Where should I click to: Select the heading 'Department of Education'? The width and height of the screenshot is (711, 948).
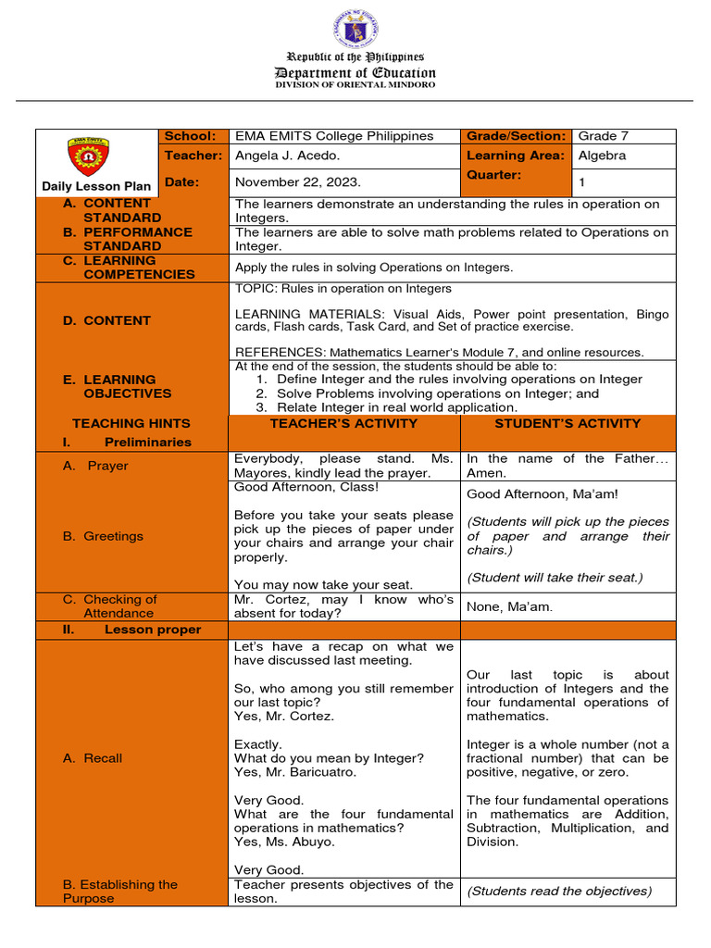(x=355, y=72)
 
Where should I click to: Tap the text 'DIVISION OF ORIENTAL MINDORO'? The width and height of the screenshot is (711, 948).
(x=355, y=85)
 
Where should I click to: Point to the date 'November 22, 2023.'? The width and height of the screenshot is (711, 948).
(x=297, y=182)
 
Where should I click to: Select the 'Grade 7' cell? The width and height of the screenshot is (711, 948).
(x=603, y=136)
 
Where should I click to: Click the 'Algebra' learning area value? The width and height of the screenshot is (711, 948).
(x=602, y=156)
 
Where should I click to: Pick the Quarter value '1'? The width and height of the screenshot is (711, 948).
(x=582, y=182)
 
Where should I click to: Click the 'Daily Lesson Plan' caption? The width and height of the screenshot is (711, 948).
(x=96, y=186)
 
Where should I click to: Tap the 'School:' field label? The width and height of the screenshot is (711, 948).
(x=190, y=136)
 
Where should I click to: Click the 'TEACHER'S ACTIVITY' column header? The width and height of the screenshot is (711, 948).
(x=343, y=423)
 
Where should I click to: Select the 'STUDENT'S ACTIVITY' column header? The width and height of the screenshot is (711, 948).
(x=568, y=423)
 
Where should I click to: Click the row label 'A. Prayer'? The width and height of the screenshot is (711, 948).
(x=95, y=466)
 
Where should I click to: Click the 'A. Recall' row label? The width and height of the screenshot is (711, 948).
(x=93, y=758)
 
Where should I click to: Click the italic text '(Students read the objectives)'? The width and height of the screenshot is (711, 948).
(x=559, y=892)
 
